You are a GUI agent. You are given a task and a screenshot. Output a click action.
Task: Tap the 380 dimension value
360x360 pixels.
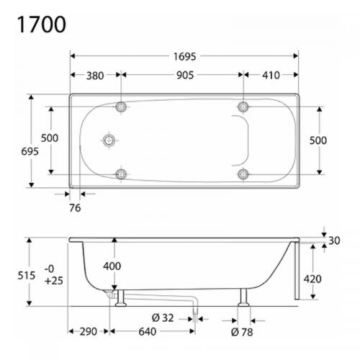94,75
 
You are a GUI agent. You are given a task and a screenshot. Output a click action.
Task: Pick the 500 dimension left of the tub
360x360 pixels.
49,140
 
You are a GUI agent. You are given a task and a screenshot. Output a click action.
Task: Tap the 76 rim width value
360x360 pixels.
76,209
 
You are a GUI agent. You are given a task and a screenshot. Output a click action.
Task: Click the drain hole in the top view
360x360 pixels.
109,140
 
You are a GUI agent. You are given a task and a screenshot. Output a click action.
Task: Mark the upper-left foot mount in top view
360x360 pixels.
121,107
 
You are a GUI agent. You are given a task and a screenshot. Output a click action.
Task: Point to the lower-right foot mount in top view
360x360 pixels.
244,173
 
